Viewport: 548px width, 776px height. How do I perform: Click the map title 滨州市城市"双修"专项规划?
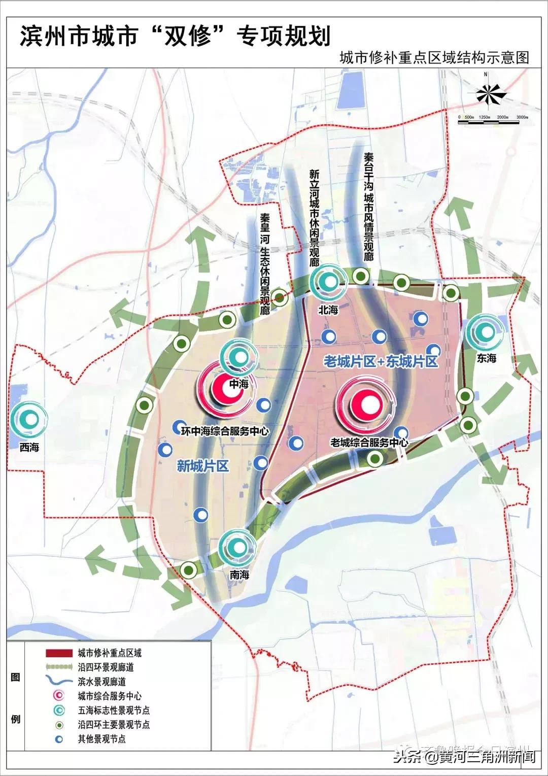(175, 36)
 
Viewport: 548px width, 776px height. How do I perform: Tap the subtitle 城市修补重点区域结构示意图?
(434, 57)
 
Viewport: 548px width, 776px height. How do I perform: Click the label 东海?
(486, 358)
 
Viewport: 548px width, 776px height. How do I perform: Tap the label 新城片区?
(203, 465)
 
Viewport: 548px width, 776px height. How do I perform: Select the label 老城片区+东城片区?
(381, 361)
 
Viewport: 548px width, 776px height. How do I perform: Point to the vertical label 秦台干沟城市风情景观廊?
(368, 207)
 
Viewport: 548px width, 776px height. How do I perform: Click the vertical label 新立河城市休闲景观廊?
(315, 218)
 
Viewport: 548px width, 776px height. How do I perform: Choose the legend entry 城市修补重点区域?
(110, 653)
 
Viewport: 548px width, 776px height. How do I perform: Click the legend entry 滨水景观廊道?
(102, 682)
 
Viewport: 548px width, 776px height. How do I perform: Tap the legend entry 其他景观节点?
(101, 739)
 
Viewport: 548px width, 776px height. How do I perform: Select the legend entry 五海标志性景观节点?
(114, 710)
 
